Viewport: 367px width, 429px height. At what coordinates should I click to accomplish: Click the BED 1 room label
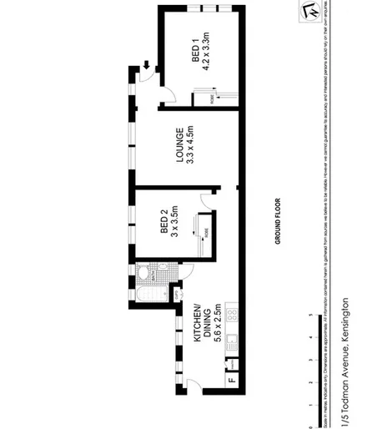coord(194,53)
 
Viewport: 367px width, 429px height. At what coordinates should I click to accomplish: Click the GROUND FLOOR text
coord(279,220)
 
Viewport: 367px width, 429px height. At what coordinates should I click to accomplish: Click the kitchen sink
coord(233,342)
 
